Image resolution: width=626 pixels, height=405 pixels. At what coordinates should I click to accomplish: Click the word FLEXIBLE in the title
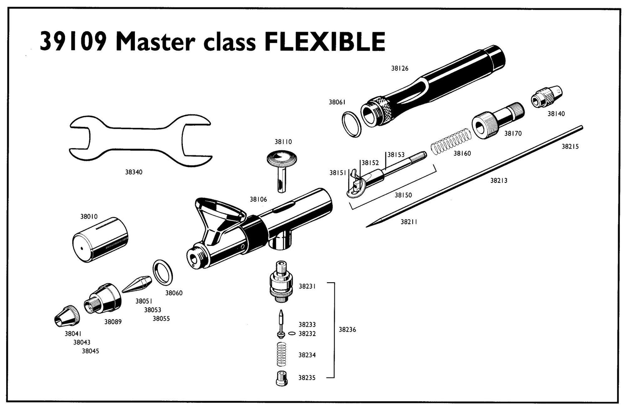pyautogui.click(x=325, y=42)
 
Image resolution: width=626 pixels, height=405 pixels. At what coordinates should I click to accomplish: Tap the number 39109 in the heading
pyautogui.click(x=73, y=42)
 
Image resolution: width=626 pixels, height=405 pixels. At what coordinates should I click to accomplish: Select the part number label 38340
pyautogui.click(x=134, y=172)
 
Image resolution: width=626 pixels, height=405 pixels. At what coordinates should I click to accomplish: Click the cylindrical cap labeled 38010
pyautogui.click(x=100, y=240)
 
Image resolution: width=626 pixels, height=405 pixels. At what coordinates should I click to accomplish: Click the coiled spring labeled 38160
pyautogui.click(x=451, y=141)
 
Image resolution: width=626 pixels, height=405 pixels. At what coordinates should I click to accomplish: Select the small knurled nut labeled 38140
pyautogui.click(x=546, y=97)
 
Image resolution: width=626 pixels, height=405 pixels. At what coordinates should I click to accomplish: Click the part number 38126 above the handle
pyautogui.click(x=400, y=68)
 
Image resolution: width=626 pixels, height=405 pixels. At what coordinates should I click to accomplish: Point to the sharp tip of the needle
pyautogui.click(x=366, y=227)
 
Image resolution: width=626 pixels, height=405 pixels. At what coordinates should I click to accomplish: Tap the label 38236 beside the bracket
pyautogui.click(x=347, y=330)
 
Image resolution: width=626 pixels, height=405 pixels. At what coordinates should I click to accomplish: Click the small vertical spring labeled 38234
pyautogui.click(x=282, y=354)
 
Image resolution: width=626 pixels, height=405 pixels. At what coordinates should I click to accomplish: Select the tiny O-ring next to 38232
pyautogui.click(x=292, y=333)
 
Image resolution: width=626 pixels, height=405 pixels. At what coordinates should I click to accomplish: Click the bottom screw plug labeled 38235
pyautogui.click(x=281, y=378)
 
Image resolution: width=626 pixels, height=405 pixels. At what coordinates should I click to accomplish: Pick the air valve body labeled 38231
pyautogui.click(x=281, y=281)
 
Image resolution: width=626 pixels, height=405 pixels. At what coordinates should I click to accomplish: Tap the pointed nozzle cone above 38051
pyautogui.click(x=137, y=284)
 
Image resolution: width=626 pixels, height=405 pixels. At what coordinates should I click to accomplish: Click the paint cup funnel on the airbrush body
pyautogui.click(x=218, y=218)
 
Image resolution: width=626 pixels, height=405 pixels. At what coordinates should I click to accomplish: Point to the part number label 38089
pyautogui.click(x=113, y=322)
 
